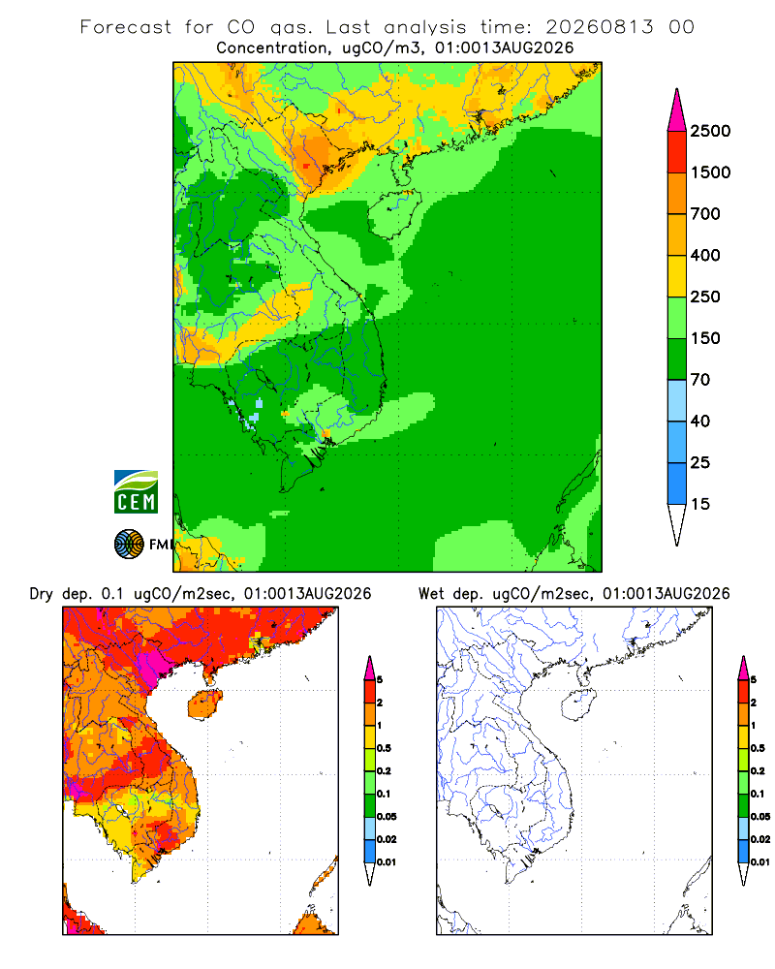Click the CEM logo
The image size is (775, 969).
[136, 491]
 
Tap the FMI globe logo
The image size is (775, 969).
[129, 545]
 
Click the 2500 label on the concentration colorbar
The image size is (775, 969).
[710, 131]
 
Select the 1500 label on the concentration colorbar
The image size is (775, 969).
[710, 172]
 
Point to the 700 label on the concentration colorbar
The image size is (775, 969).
[705, 214]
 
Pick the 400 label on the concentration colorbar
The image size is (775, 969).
[705, 255]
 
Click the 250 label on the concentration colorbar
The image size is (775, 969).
[705, 297]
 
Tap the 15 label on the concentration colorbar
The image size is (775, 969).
[700, 504]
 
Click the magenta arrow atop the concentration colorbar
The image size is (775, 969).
[677, 111]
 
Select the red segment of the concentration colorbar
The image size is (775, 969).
[677, 152]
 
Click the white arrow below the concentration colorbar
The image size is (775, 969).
[677, 524]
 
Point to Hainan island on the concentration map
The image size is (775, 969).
[393, 214]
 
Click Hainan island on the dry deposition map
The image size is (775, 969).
[204, 704]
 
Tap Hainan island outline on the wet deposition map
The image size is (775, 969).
[579, 705]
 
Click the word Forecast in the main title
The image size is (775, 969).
[126, 27]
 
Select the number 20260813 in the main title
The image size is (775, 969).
[599, 27]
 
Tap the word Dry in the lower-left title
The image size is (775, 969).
[42, 594]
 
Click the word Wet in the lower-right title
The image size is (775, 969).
[431, 594]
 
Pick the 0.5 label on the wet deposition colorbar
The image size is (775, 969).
[757, 748]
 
